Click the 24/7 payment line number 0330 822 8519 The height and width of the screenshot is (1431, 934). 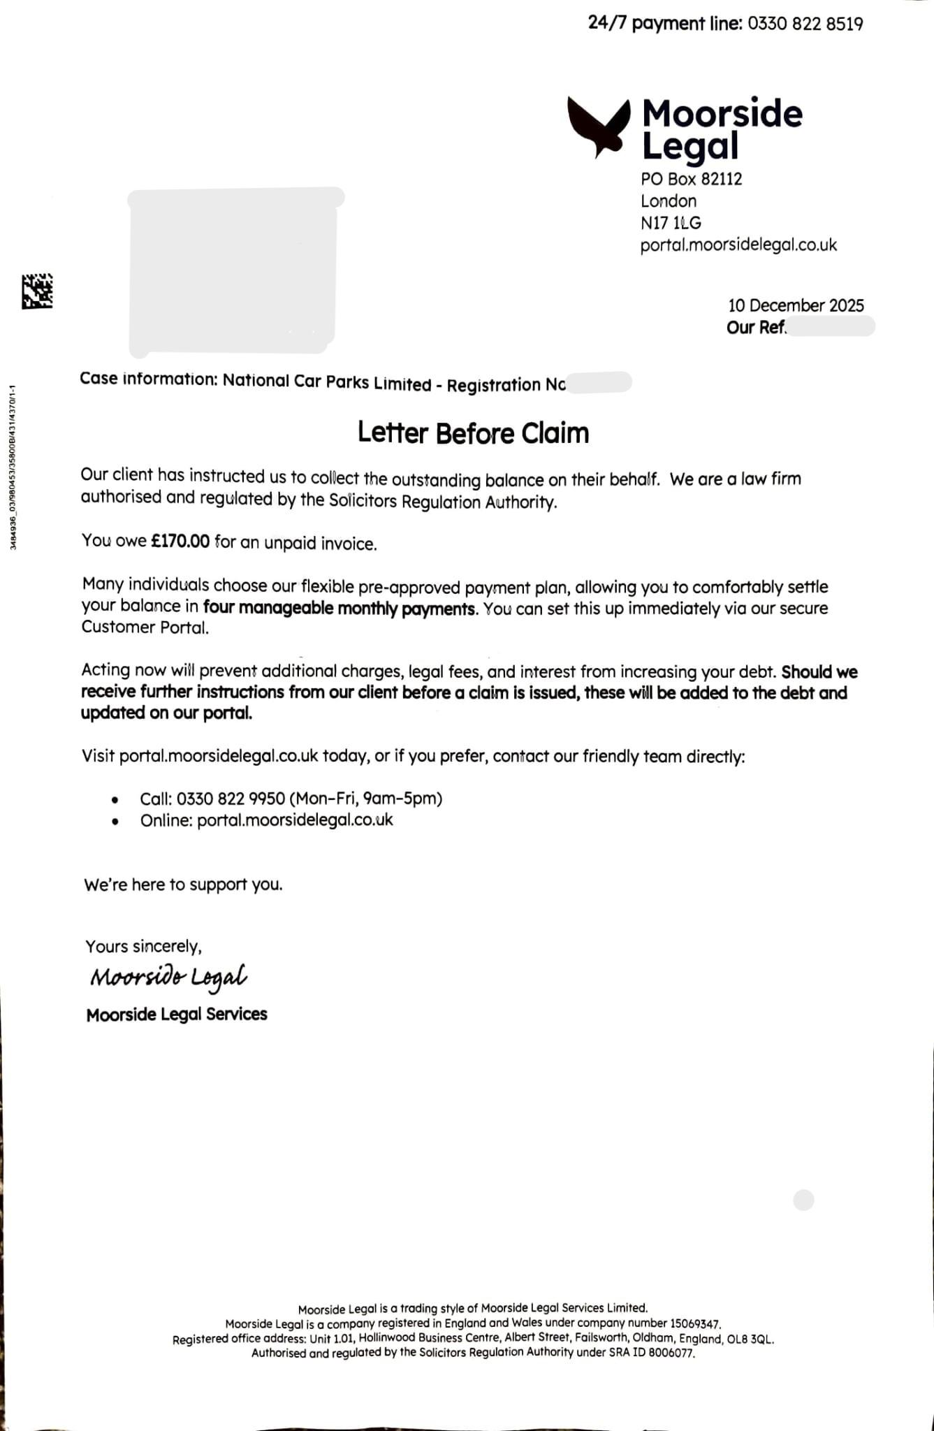click(x=805, y=24)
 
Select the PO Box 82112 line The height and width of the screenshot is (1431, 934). click(x=691, y=179)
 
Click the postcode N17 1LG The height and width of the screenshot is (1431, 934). click(x=671, y=223)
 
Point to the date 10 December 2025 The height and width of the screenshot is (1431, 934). click(x=795, y=305)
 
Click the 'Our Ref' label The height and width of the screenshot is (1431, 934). click(x=756, y=327)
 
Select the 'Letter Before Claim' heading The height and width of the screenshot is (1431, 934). click(x=473, y=433)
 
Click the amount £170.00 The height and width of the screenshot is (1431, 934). click(x=180, y=542)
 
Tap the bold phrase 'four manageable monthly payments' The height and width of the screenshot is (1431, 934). click(x=340, y=608)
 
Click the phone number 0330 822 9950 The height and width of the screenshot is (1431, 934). click(x=231, y=798)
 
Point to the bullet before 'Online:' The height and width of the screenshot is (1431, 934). click(x=115, y=821)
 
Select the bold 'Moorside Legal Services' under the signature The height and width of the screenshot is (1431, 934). click(x=177, y=1014)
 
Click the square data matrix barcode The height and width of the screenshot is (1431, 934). click(x=38, y=291)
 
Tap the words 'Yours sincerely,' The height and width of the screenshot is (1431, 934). click(x=143, y=946)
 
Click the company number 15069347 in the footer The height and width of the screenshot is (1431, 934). click(x=694, y=1323)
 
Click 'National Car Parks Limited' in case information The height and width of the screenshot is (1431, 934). click(x=327, y=383)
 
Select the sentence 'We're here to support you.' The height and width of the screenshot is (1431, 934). click(x=183, y=885)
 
